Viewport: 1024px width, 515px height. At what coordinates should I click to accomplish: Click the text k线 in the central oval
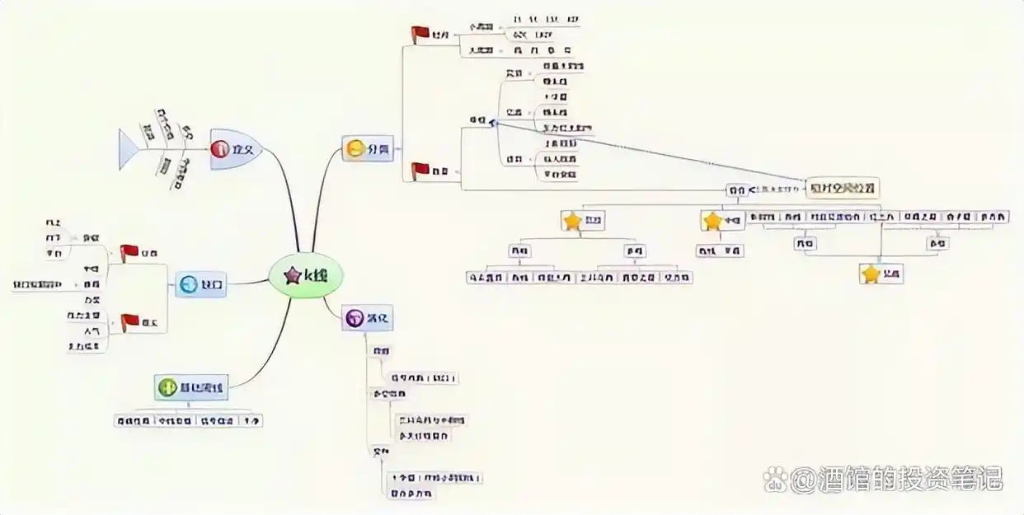pyautogui.click(x=315, y=276)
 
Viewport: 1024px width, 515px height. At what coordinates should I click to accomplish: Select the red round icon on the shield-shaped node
pyautogui.click(x=219, y=149)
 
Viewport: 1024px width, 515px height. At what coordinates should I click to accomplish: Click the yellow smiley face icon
pyautogui.click(x=355, y=149)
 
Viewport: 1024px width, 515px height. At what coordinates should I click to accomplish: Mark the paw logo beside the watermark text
pyautogui.click(x=775, y=478)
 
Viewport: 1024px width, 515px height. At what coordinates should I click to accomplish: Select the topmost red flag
pyautogui.click(x=420, y=34)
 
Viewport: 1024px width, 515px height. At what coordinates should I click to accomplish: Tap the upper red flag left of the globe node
pyautogui.click(x=129, y=252)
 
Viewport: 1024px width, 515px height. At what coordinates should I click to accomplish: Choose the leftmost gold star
pyautogui.click(x=572, y=221)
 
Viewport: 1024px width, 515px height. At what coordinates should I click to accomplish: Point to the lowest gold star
pyautogui.click(x=871, y=274)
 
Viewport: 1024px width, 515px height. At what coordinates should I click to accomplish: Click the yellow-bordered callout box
pyautogui.click(x=843, y=188)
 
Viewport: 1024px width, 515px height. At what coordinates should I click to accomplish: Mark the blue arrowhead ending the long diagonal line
pyautogui.click(x=492, y=123)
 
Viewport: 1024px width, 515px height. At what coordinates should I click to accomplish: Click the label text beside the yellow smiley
pyautogui.click(x=378, y=149)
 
